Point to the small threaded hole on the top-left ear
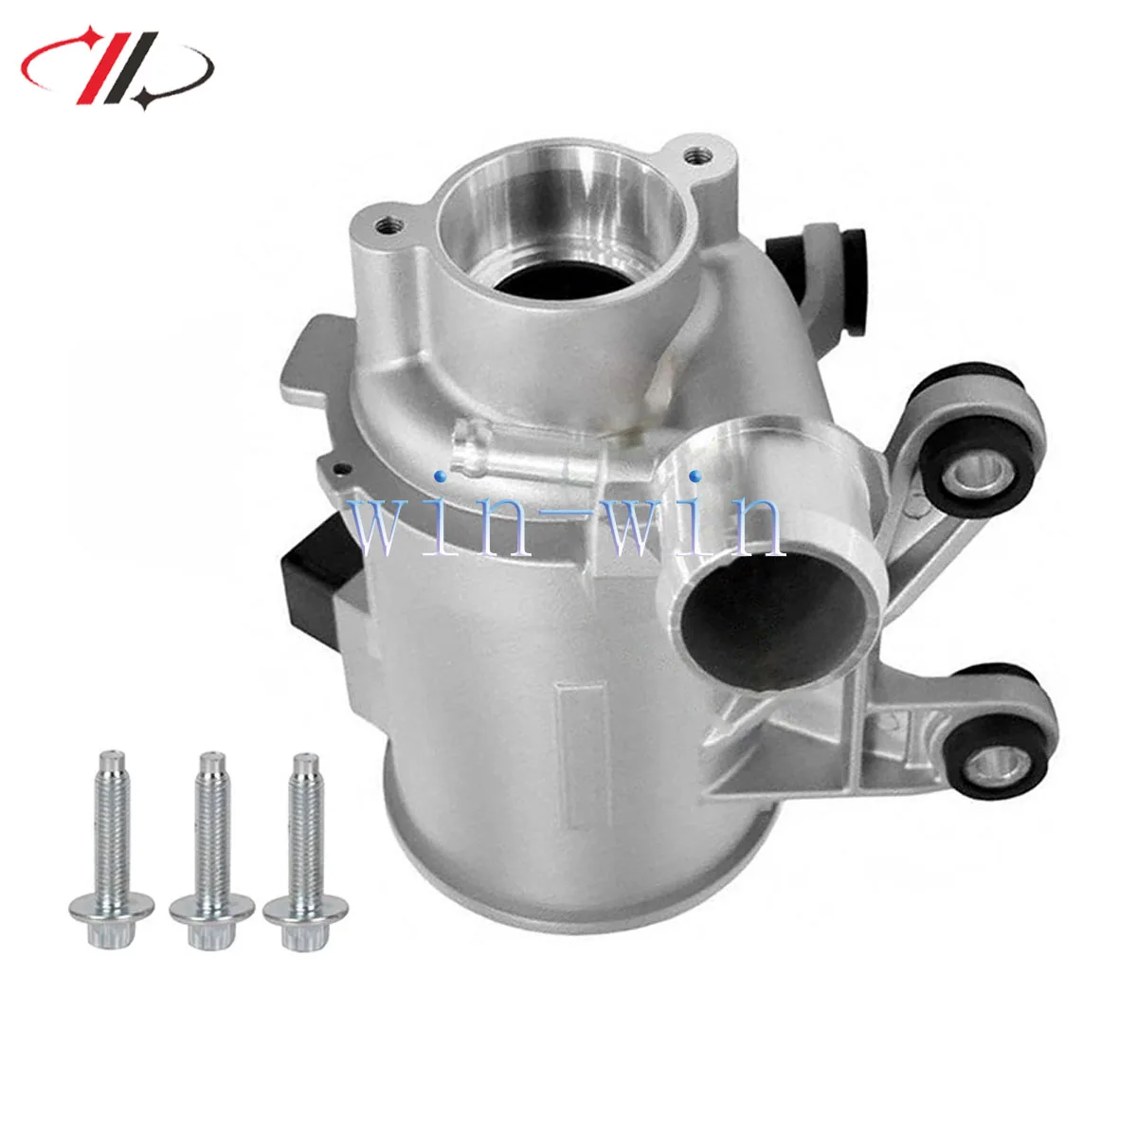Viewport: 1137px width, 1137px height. [x=385, y=226]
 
